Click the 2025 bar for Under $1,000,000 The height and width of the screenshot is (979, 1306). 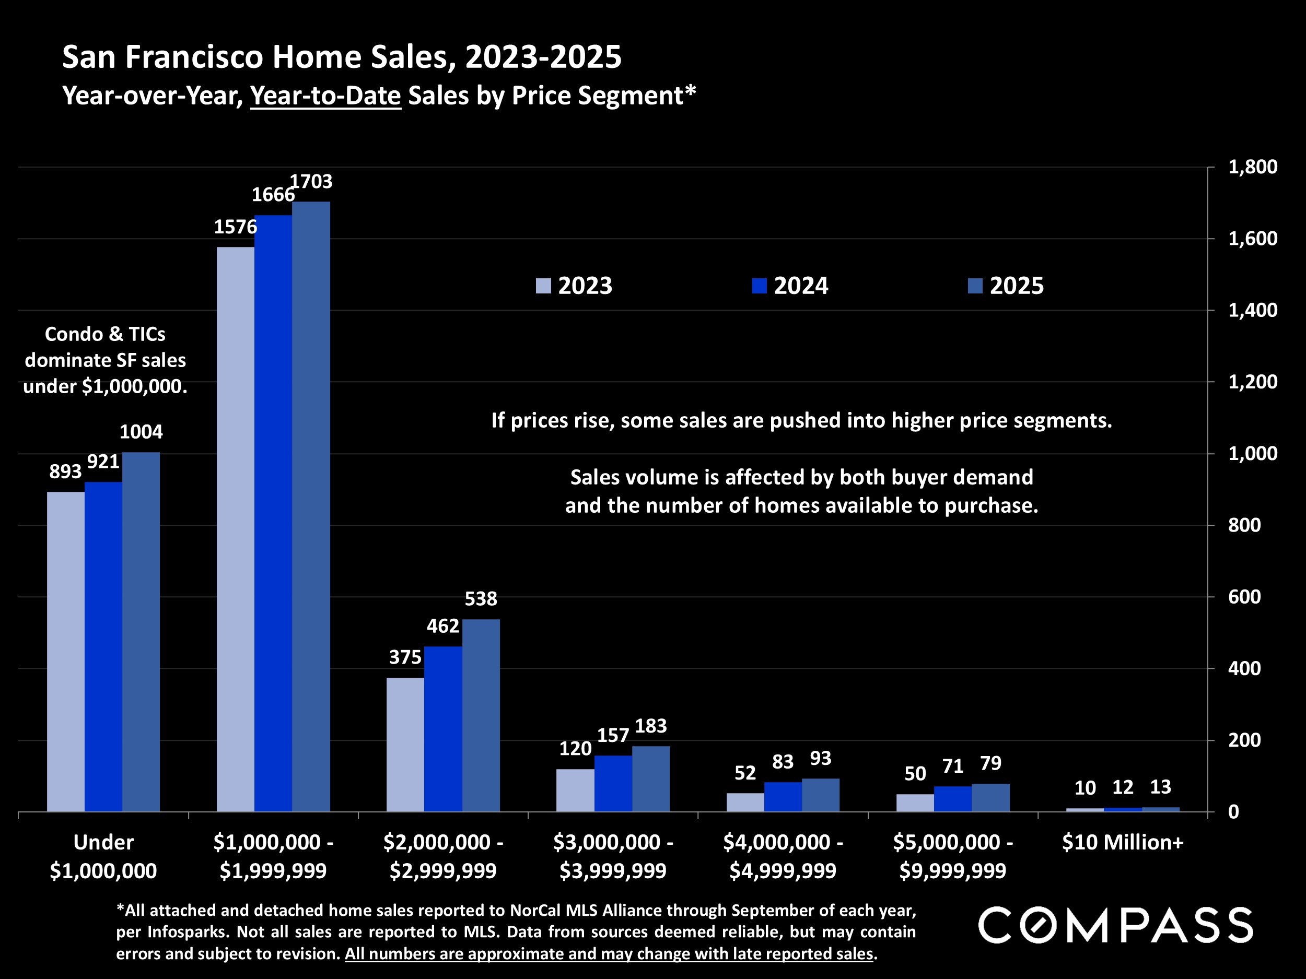[x=141, y=631]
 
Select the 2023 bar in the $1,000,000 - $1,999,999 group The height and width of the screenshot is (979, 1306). [x=236, y=529]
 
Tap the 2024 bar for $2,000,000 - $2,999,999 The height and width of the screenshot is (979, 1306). [x=444, y=729]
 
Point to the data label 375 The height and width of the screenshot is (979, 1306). [x=405, y=657]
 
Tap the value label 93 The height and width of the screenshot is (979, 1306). [x=821, y=758]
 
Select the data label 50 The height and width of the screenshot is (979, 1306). [x=915, y=774]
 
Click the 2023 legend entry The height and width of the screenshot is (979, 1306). [x=574, y=286]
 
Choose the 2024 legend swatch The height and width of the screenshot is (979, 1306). [x=759, y=286]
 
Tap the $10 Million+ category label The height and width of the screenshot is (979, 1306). [x=1123, y=842]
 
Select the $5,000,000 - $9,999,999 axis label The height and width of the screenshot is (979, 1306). [x=952, y=856]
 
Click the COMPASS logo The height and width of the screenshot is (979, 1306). [x=1116, y=925]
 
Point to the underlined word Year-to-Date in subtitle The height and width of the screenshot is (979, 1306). [x=326, y=96]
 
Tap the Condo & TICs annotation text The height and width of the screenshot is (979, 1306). [x=105, y=360]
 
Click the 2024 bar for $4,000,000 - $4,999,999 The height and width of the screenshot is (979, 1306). [x=783, y=797]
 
